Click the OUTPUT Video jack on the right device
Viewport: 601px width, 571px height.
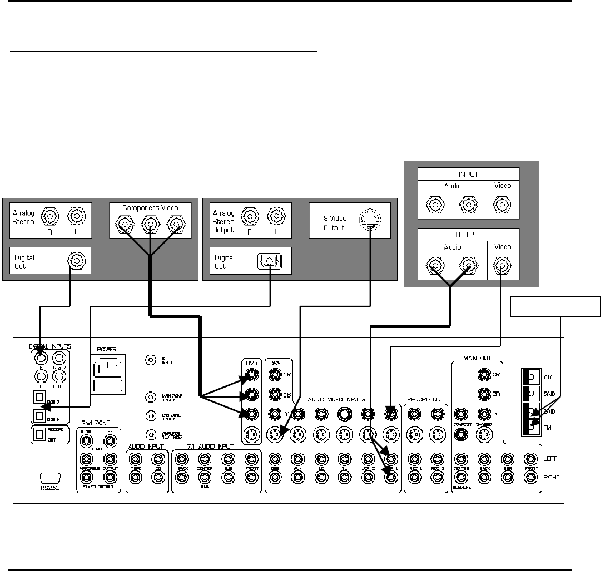click(x=502, y=268)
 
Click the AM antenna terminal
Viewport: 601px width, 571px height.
click(x=530, y=377)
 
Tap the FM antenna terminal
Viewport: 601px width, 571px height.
click(x=530, y=429)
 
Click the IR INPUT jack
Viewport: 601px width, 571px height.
click(x=150, y=360)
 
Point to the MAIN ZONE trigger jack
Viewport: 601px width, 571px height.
click(x=150, y=397)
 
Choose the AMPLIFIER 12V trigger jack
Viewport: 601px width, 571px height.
click(x=150, y=435)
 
